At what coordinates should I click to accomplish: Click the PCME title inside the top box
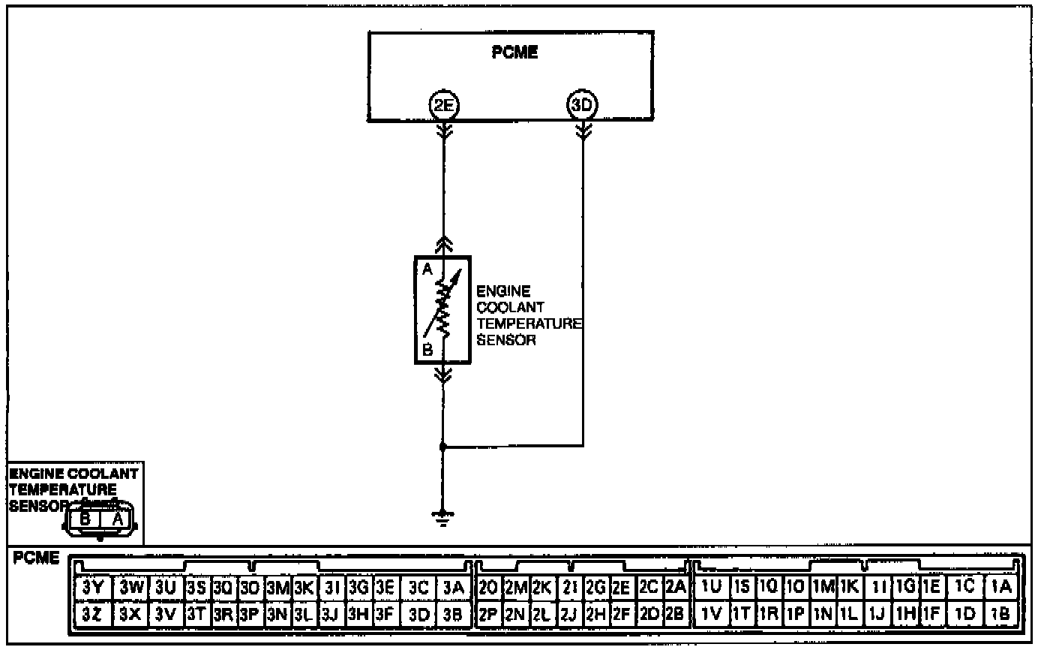tap(514, 53)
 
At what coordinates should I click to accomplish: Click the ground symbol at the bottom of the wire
tap(442, 517)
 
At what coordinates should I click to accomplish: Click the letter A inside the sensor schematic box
tap(427, 270)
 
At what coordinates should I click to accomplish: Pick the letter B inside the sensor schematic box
tap(427, 348)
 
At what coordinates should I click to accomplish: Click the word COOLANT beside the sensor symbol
tap(510, 307)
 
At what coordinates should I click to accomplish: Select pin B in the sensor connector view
tap(85, 518)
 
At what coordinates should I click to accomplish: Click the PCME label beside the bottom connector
tap(37, 559)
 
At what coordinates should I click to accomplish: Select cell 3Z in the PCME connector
tap(94, 613)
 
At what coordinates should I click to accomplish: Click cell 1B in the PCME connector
tap(1003, 613)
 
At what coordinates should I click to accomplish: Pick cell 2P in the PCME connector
tap(489, 613)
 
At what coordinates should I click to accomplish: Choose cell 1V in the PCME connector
tap(711, 613)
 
